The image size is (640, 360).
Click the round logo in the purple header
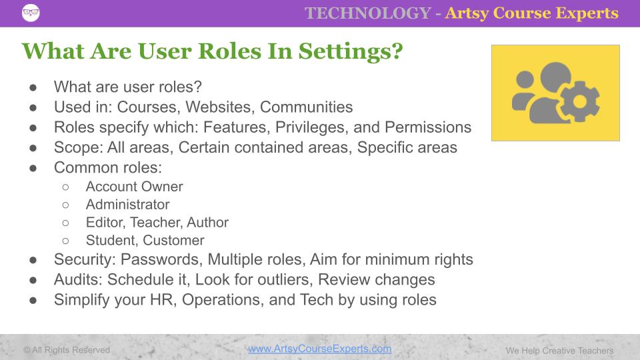[31, 13]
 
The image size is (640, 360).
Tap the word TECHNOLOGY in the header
[368, 13]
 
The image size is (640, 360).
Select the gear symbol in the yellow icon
[579, 101]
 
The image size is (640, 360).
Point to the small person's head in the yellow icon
[525, 79]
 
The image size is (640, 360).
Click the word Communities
[306, 107]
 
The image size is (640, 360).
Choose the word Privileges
[312, 128]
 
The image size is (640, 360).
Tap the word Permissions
[428, 127]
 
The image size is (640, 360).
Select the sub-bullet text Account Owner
[134, 187]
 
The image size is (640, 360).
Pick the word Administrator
[128, 205]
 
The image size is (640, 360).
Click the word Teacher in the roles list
[155, 223]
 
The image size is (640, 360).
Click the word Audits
[78, 279]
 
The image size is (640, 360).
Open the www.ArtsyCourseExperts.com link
[319, 349]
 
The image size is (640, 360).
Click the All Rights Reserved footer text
[67, 350]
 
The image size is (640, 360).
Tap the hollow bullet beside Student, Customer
[66, 241]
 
